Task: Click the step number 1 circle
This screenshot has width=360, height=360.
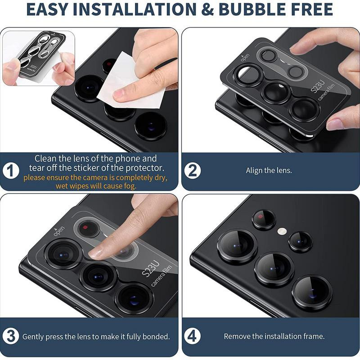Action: point(13,171)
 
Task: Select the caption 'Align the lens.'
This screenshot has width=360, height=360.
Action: point(269,171)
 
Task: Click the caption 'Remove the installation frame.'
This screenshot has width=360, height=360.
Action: point(274,336)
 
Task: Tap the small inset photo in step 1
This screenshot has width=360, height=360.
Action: point(39,58)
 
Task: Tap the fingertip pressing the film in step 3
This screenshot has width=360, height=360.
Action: point(97,252)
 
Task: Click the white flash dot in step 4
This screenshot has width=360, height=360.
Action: point(282,231)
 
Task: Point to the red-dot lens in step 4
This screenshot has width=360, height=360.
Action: point(263,220)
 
